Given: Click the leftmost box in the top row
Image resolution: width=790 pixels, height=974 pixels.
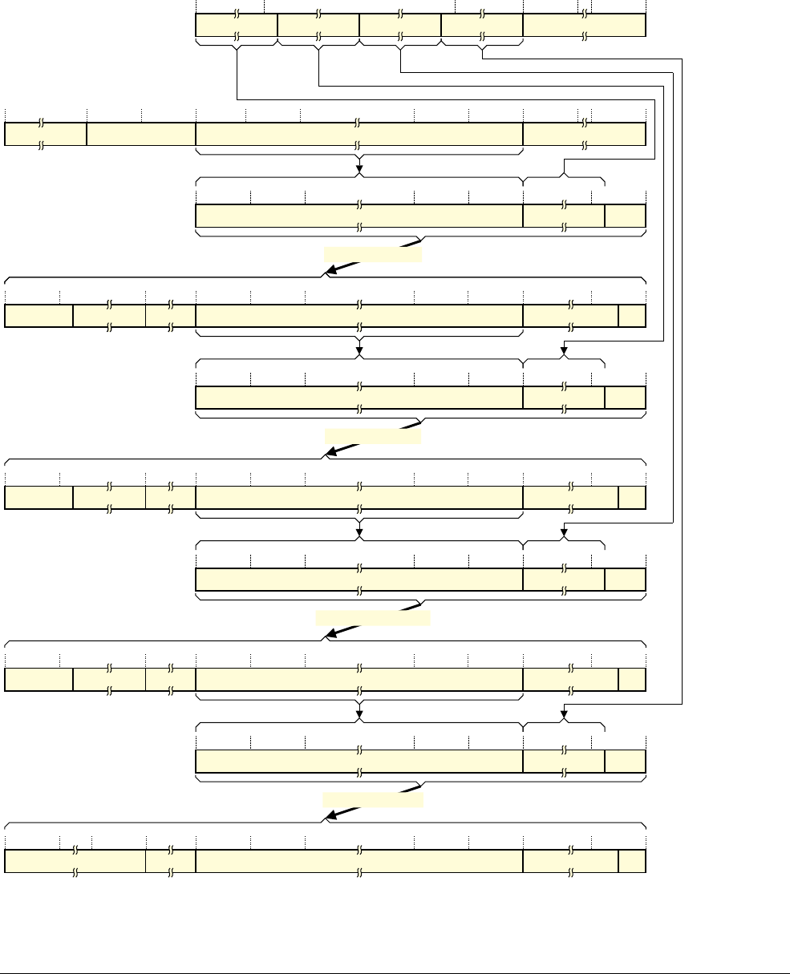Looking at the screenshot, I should pyautogui.click(x=236, y=25).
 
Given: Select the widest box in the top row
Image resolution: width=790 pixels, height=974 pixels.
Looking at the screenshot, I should pyautogui.click(x=584, y=25).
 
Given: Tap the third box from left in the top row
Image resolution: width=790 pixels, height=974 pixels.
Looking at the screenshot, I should pyautogui.click(x=399, y=25).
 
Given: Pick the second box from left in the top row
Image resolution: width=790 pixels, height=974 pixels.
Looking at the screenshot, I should pyautogui.click(x=318, y=25).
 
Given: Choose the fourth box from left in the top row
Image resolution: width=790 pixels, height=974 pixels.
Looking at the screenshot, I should pyautogui.click(x=481, y=25).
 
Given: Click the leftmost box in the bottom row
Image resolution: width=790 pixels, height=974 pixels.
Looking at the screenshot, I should pyautogui.click(x=75, y=861).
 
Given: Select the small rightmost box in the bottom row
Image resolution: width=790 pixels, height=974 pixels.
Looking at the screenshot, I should pyautogui.click(x=632, y=861).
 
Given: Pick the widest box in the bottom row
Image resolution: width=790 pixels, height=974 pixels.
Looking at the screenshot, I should pyautogui.click(x=359, y=861).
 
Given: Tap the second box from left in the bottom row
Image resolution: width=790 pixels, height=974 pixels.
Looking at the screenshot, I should pyautogui.click(x=170, y=861).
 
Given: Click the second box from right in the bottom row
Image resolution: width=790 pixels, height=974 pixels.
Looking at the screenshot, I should pyautogui.click(x=570, y=861).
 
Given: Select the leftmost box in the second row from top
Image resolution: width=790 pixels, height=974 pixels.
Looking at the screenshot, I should pyautogui.click(x=45, y=134).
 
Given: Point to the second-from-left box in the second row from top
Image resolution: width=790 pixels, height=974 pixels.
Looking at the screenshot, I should pyautogui.click(x=140, y=134).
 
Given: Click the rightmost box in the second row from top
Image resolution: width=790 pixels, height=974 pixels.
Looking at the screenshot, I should pyautogui.click(x=584, y=134).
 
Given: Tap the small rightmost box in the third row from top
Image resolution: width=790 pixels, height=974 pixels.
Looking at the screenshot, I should pyautogui.click(x=625, y=216).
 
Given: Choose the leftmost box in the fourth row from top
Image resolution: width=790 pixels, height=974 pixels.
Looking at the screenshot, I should pyautogui.click(x=38, y=316).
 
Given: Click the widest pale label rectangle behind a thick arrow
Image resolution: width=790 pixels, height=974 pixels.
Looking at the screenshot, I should pyautogui.click(x=373, y=617).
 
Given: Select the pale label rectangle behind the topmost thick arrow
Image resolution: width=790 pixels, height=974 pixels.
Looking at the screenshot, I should pyautogui.click(x=372, y=255).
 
